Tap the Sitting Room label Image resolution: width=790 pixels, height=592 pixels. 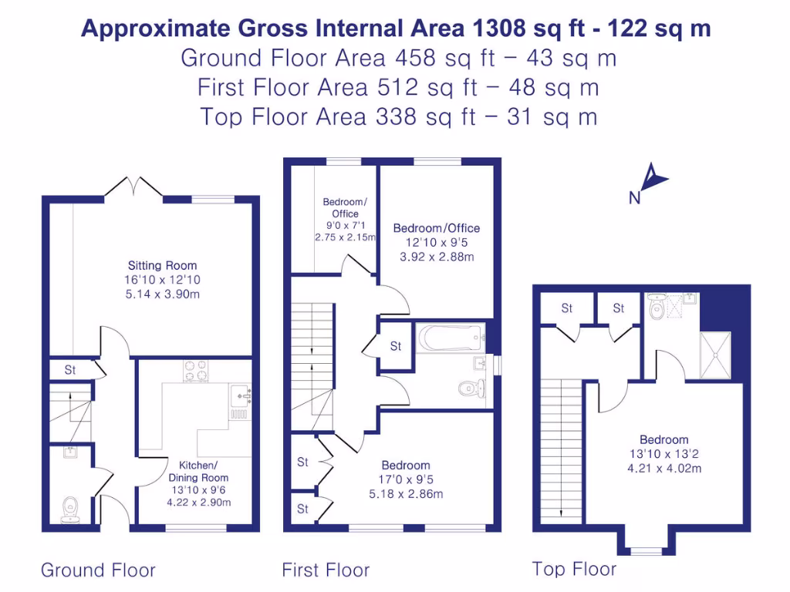click(152, 266)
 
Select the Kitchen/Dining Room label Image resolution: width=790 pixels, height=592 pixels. click(198, 471)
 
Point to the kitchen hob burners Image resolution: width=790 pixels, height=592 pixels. click(197, 371)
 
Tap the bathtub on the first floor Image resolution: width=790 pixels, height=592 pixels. click(450, 338)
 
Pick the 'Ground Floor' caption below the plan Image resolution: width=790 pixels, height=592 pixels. click(98, 570)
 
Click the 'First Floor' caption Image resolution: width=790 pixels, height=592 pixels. click(326, 570)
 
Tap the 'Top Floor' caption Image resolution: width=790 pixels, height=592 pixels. click(574, 570)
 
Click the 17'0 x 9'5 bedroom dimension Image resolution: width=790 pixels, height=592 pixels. click(406, 480)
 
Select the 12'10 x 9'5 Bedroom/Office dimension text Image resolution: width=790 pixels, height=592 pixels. click(437, 243)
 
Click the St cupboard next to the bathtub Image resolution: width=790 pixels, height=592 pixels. click(396, 347)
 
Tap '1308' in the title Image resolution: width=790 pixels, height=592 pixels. click(496, 29)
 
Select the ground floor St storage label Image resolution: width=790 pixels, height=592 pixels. click(70, 370)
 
